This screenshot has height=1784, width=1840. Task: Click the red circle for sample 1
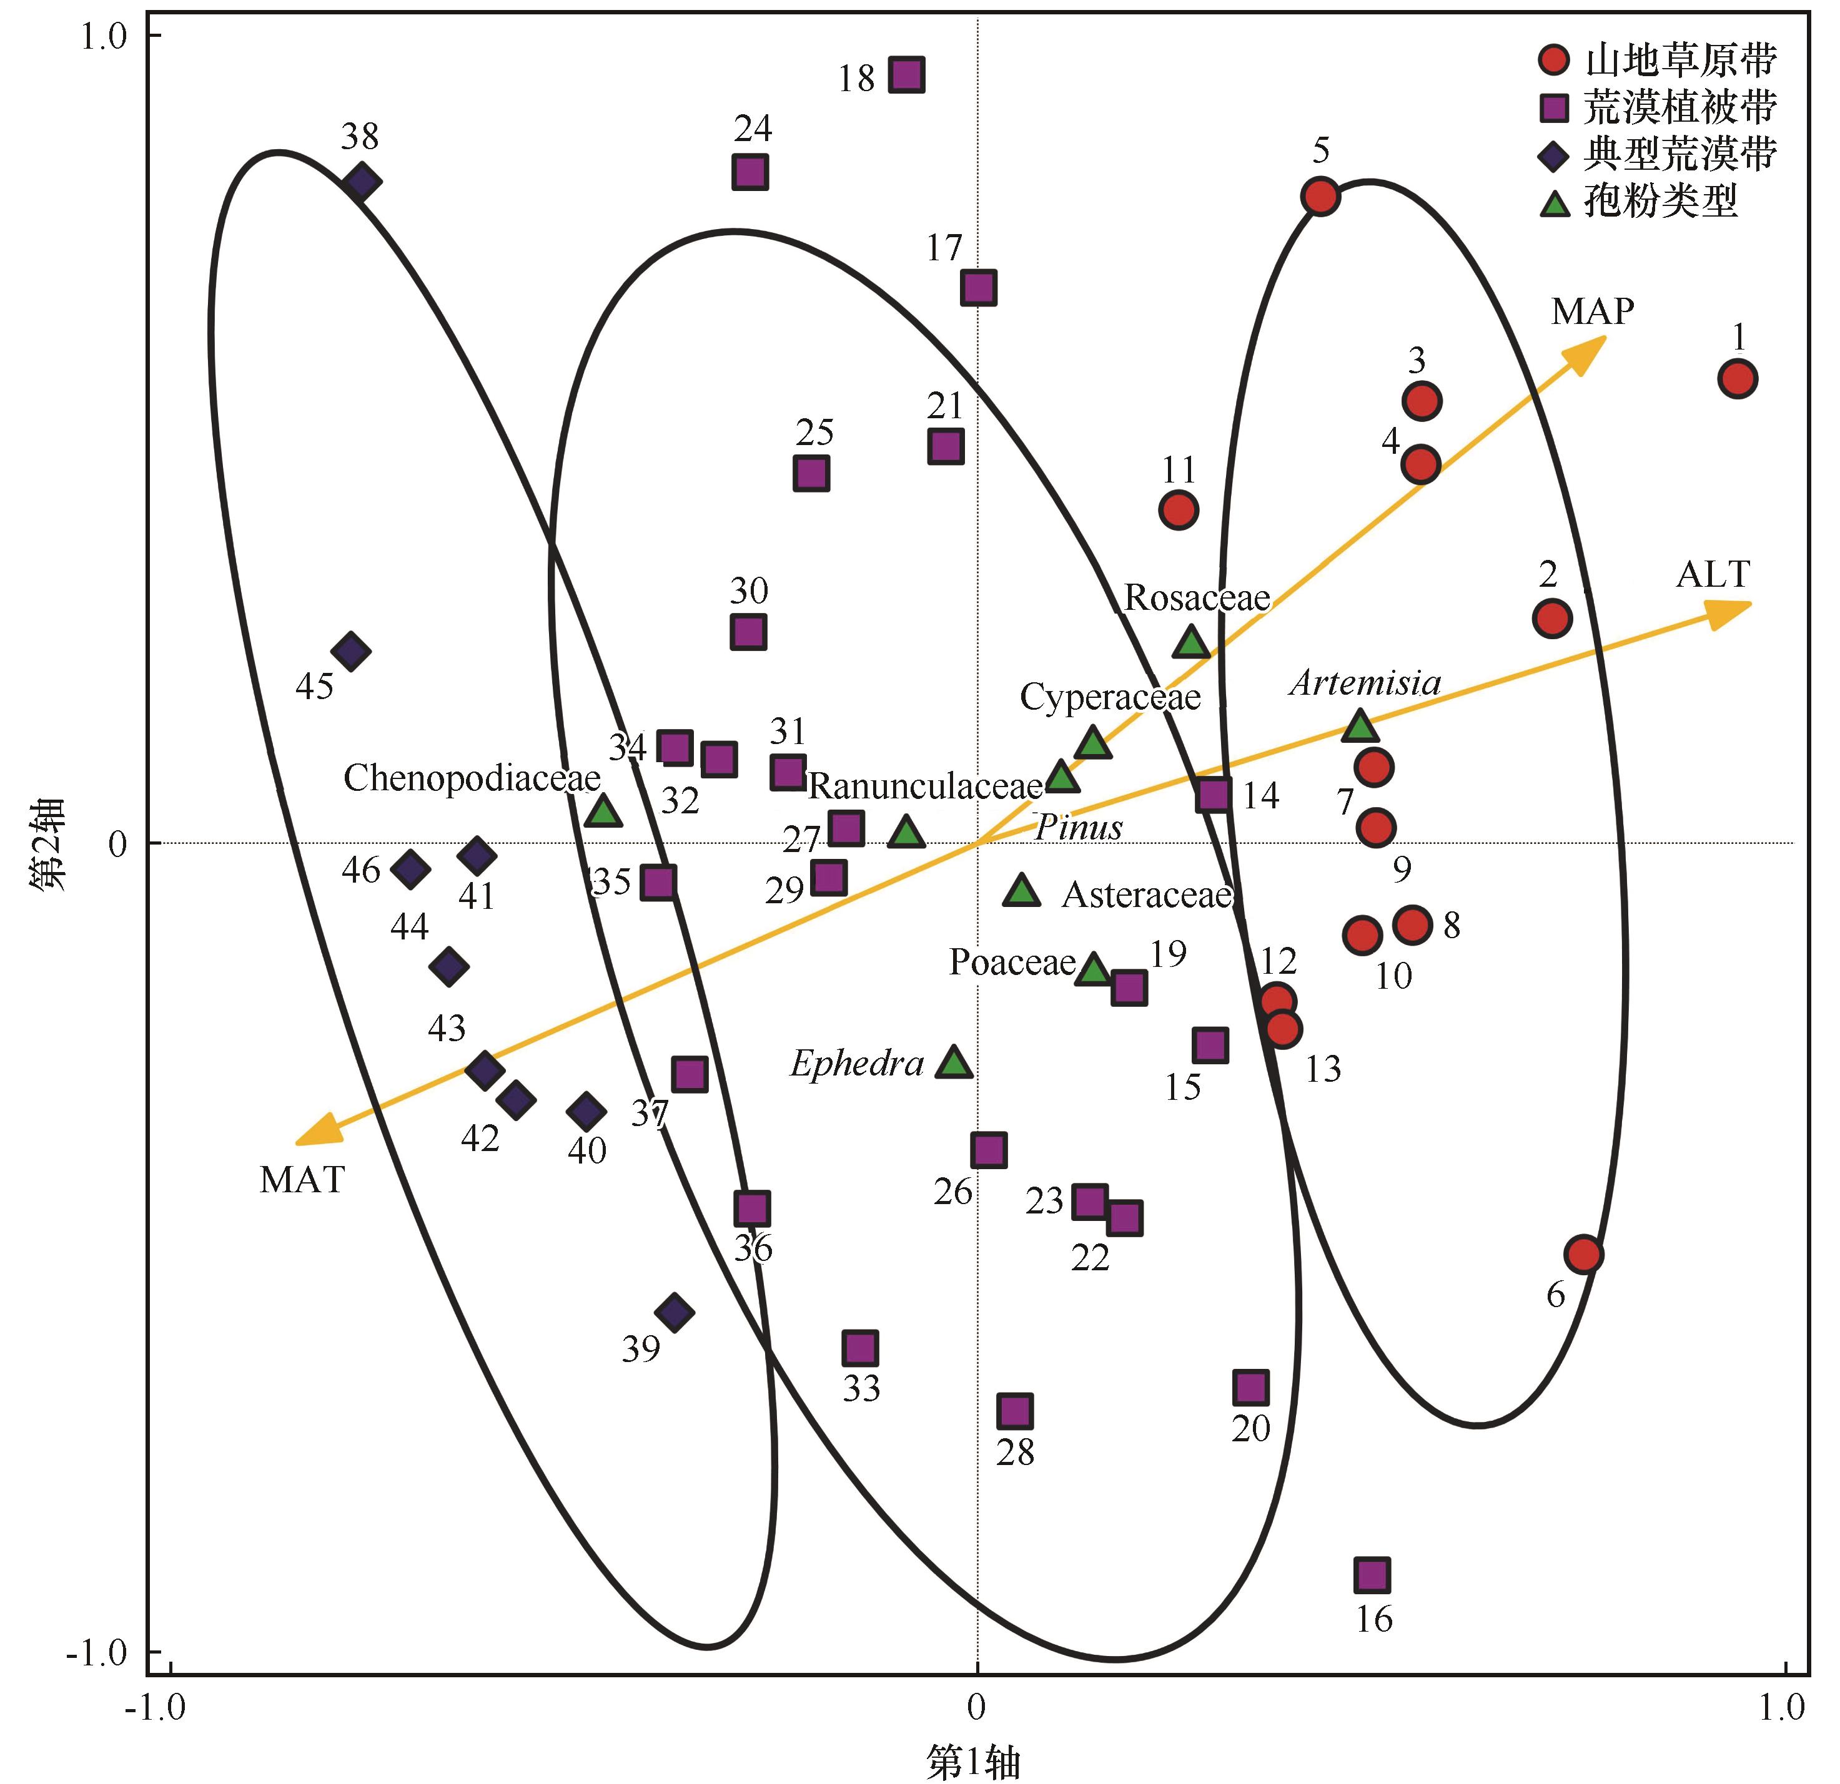(x=1738, y=379)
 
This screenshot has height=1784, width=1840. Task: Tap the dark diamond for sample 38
(x=362, y=181)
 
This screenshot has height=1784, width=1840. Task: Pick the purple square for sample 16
(x=1372, y=1576)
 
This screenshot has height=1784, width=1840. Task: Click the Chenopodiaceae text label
(x=472, y=778)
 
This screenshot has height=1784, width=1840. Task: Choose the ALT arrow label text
(x=1713, y=574)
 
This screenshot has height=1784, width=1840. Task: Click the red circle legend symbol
(x=1554, y=60)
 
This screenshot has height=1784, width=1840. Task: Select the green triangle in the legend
(x=1555, y=203)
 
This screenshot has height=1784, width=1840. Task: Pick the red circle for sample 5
(x=1320, y=197)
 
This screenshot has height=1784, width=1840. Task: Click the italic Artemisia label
(x=1365, y=682)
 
